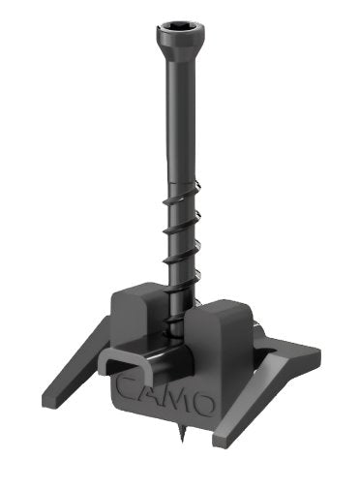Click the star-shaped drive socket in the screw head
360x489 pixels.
click(x=180, y=25)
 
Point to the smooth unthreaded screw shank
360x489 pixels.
click(x=180, y=123)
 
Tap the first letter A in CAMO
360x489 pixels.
click(x=151, y=395)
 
